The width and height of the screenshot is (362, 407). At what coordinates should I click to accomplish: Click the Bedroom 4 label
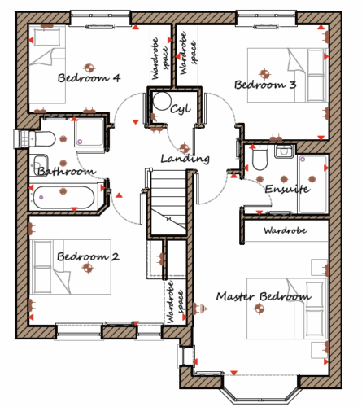click(89, 78)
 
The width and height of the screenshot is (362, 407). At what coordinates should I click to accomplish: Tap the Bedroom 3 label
click(265, 85)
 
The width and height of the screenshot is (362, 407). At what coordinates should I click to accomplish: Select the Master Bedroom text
click(264, 296)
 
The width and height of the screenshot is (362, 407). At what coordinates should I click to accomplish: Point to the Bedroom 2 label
click(88, 256)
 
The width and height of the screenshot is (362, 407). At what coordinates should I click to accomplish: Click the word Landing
click(185, 159)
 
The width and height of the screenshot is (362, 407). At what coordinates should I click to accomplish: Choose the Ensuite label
click(287, 189)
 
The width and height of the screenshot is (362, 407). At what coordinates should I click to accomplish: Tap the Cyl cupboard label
click(181, 109)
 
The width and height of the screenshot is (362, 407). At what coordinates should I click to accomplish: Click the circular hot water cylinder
click(162, 101)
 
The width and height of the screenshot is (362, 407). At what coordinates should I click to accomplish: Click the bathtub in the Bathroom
click(63, 197)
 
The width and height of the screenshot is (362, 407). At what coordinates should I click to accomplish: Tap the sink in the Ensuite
click(284, 151)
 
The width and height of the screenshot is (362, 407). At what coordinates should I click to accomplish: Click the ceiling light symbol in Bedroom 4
click(89, 68)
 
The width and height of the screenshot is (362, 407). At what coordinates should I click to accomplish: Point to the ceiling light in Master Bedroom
click(260, 309)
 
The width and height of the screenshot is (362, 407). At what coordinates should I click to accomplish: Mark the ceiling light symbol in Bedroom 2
click(88, 268)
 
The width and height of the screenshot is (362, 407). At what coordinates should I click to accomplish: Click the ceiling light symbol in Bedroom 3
click(264, 73)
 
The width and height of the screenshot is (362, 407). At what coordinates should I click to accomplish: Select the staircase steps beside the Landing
click(168, 202)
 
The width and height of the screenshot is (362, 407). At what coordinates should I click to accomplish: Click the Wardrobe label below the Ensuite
click(286, 231)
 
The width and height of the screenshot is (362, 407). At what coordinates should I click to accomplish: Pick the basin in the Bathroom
click(40, 164)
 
